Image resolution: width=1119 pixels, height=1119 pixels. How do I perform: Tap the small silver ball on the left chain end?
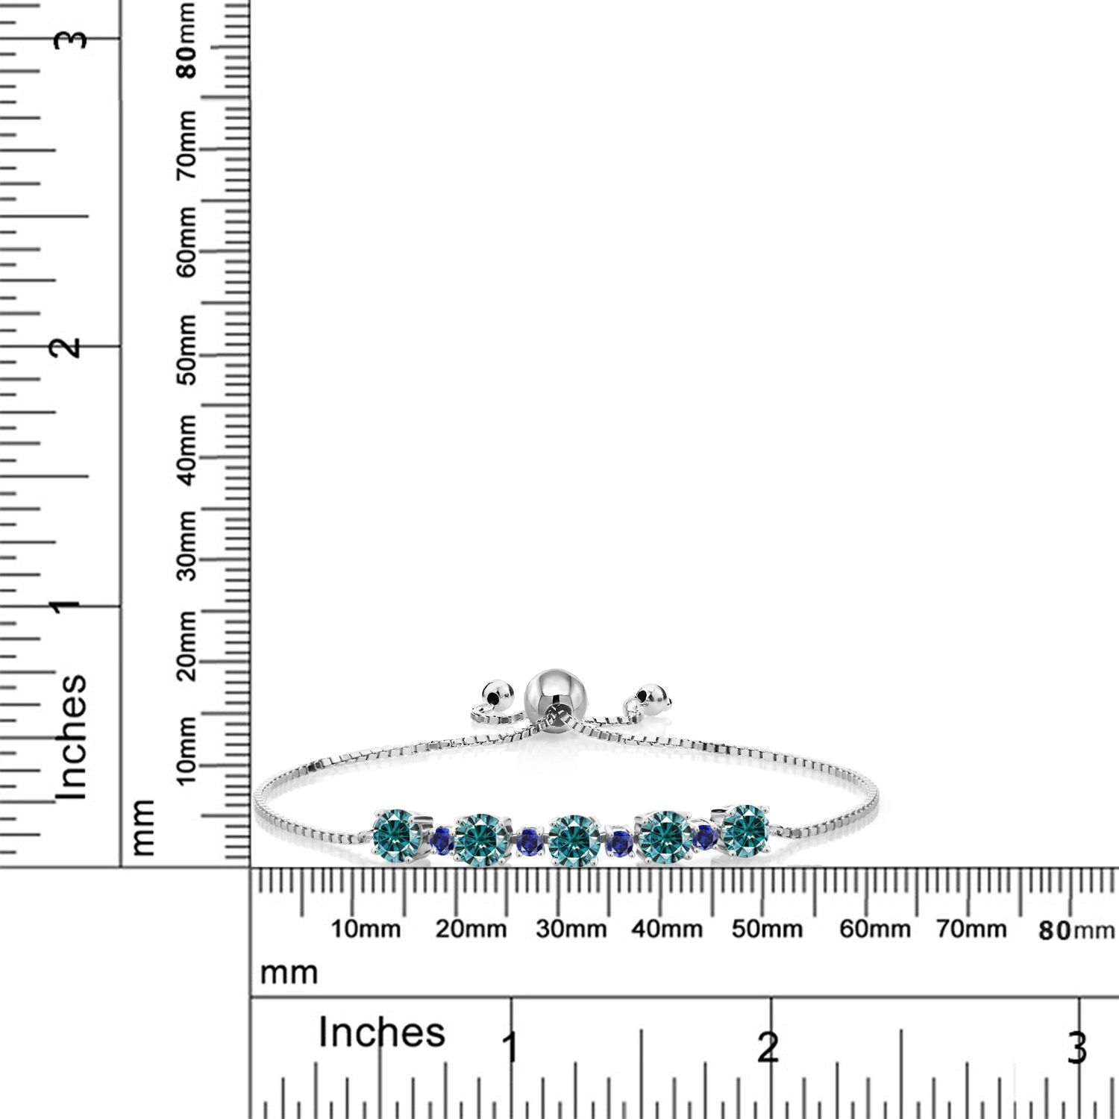(x=495, y=693)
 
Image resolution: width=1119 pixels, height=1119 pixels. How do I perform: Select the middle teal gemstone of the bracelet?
(x=574, y=839)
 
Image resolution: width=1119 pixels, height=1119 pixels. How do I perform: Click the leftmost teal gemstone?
(x=398, y=833)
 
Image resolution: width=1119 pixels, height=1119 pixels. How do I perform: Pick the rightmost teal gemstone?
(x=745, y=830)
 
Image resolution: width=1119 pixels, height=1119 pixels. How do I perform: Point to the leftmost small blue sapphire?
(x=442, y=841)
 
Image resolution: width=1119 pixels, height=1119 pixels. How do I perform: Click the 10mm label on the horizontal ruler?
(x=366, y=930)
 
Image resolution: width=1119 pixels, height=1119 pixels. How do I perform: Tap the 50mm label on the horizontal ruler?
(x=767, y=930)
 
